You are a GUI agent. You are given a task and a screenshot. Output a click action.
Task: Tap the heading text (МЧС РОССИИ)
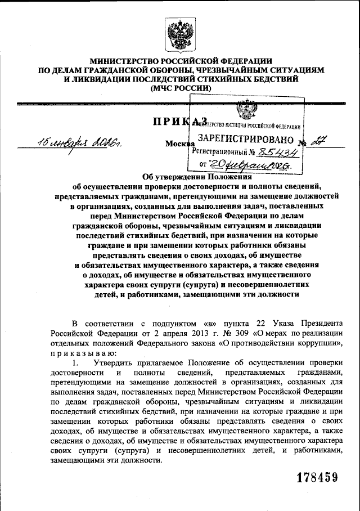point(179,88)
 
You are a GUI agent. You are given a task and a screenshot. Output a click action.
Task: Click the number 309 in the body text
point(241,332)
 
